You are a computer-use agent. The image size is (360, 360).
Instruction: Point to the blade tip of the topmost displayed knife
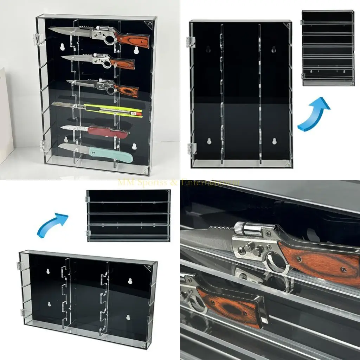(50, 29)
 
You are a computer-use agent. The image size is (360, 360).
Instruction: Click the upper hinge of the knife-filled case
(40, 39)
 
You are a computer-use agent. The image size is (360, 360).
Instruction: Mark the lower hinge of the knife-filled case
(44, 145)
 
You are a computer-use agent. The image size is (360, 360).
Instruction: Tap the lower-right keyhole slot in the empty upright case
(275, 141)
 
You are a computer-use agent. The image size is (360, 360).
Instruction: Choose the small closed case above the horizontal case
(128, 216)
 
